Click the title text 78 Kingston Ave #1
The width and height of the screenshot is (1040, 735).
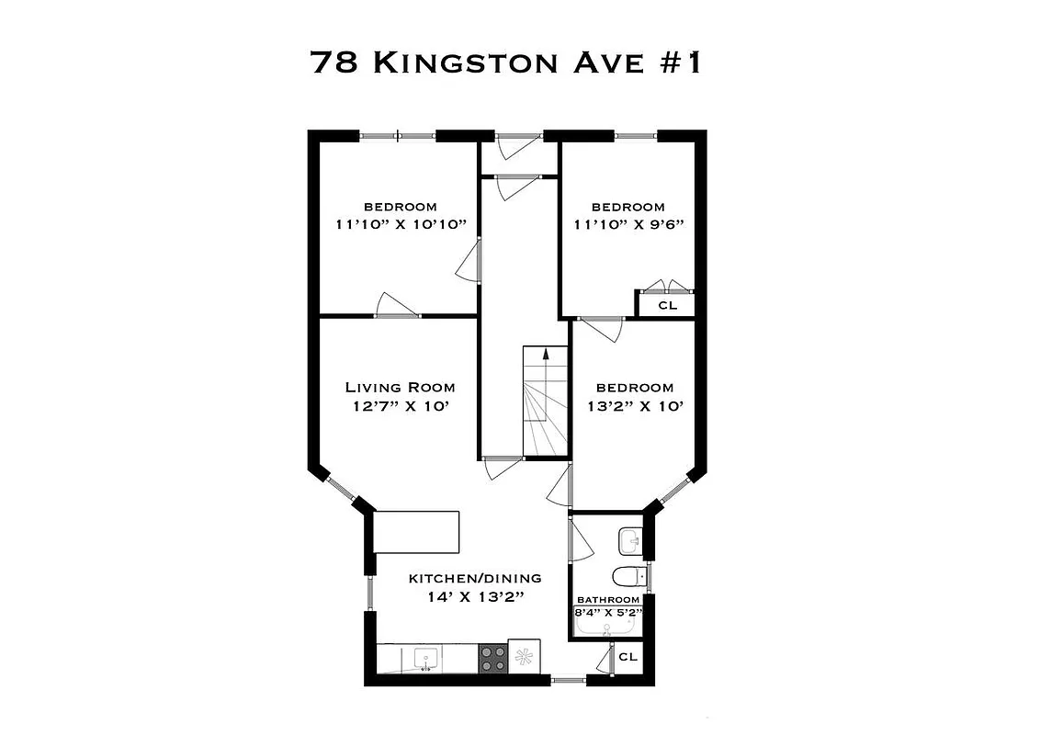point(506,62)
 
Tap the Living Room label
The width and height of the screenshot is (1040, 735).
point(400,388)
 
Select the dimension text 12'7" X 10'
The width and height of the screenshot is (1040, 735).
point(400,406)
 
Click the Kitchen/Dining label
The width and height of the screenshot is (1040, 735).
point(475,579)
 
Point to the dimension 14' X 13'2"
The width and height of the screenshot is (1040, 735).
point(475,596)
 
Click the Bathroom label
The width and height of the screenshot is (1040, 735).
point(607,599)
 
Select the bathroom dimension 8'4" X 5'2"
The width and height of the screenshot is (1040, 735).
point(607,611)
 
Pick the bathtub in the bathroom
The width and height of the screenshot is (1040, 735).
point(606,628)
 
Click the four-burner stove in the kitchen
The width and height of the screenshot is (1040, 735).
point(492,658)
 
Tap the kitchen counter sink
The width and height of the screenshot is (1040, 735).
point(424,658)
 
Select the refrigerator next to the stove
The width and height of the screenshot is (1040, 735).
point(525,657)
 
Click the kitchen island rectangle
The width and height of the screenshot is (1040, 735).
point(416,532)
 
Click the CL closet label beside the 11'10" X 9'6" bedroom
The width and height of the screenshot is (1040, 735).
point(667,305)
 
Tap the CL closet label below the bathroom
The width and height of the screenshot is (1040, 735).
point(628,657)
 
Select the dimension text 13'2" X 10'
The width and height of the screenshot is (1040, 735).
point(634,406)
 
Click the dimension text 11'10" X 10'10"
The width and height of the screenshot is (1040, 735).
point(401,224)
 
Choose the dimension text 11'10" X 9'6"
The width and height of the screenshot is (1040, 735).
point(628,224)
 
